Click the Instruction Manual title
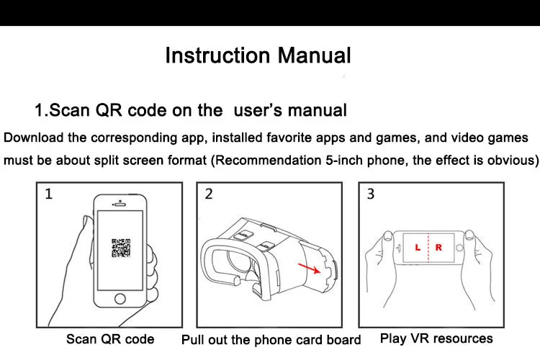point(258,55)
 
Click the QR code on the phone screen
point(120,248)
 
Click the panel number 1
point(49,194)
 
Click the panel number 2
point(209,194)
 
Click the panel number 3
point(371,194)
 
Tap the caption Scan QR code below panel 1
point(110,338)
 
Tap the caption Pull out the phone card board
point(271,340)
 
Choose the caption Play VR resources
point(436,338)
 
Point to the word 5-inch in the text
point(345,160)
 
